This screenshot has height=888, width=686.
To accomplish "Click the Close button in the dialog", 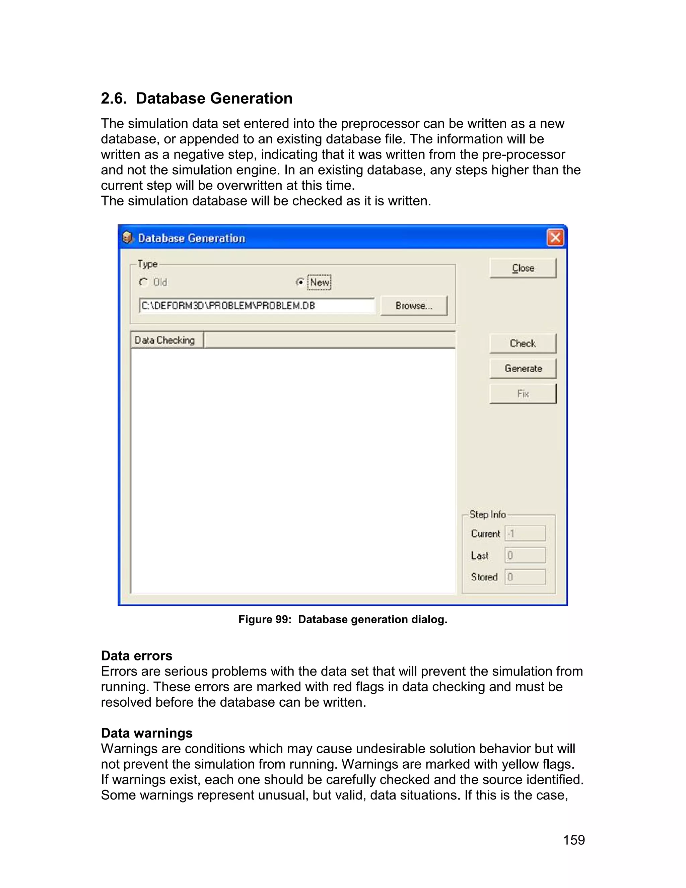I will (523, 268).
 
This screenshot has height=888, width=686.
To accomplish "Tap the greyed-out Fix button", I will (523, 394).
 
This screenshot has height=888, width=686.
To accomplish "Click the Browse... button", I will (414, 306).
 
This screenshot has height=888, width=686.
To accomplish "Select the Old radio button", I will (143, 282).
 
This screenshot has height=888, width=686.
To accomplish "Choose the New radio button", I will (300, 282).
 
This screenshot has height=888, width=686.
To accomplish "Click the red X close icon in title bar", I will (555, 238).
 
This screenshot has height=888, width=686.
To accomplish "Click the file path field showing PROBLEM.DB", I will (256, 306).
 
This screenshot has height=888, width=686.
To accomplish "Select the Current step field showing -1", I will (525, 533).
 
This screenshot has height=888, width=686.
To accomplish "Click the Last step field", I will (525, 555).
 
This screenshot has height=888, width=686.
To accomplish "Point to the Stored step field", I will (525, 577).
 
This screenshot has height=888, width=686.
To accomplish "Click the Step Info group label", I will (487, 514).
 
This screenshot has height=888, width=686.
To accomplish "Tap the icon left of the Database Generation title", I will (128, 238).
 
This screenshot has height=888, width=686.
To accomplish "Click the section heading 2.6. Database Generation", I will (197, 99).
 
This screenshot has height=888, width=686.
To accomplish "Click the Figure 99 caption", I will (343, 619).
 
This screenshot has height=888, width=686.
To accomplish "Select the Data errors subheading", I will (137, 656).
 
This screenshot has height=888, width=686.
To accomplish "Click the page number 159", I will (573, 840).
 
